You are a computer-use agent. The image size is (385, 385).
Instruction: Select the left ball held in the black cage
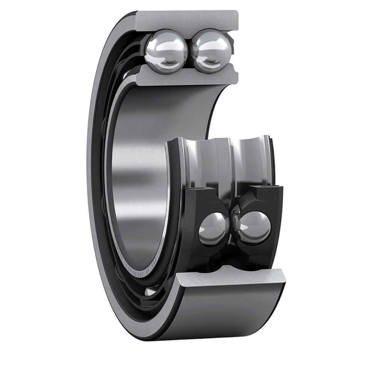[x=213, y=229]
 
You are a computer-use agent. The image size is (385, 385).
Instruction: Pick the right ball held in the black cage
[x=254, y=227]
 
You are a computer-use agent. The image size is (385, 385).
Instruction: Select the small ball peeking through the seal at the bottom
[x=151, y=293]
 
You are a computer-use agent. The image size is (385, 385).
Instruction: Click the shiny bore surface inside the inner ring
[x=135, y=173]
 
